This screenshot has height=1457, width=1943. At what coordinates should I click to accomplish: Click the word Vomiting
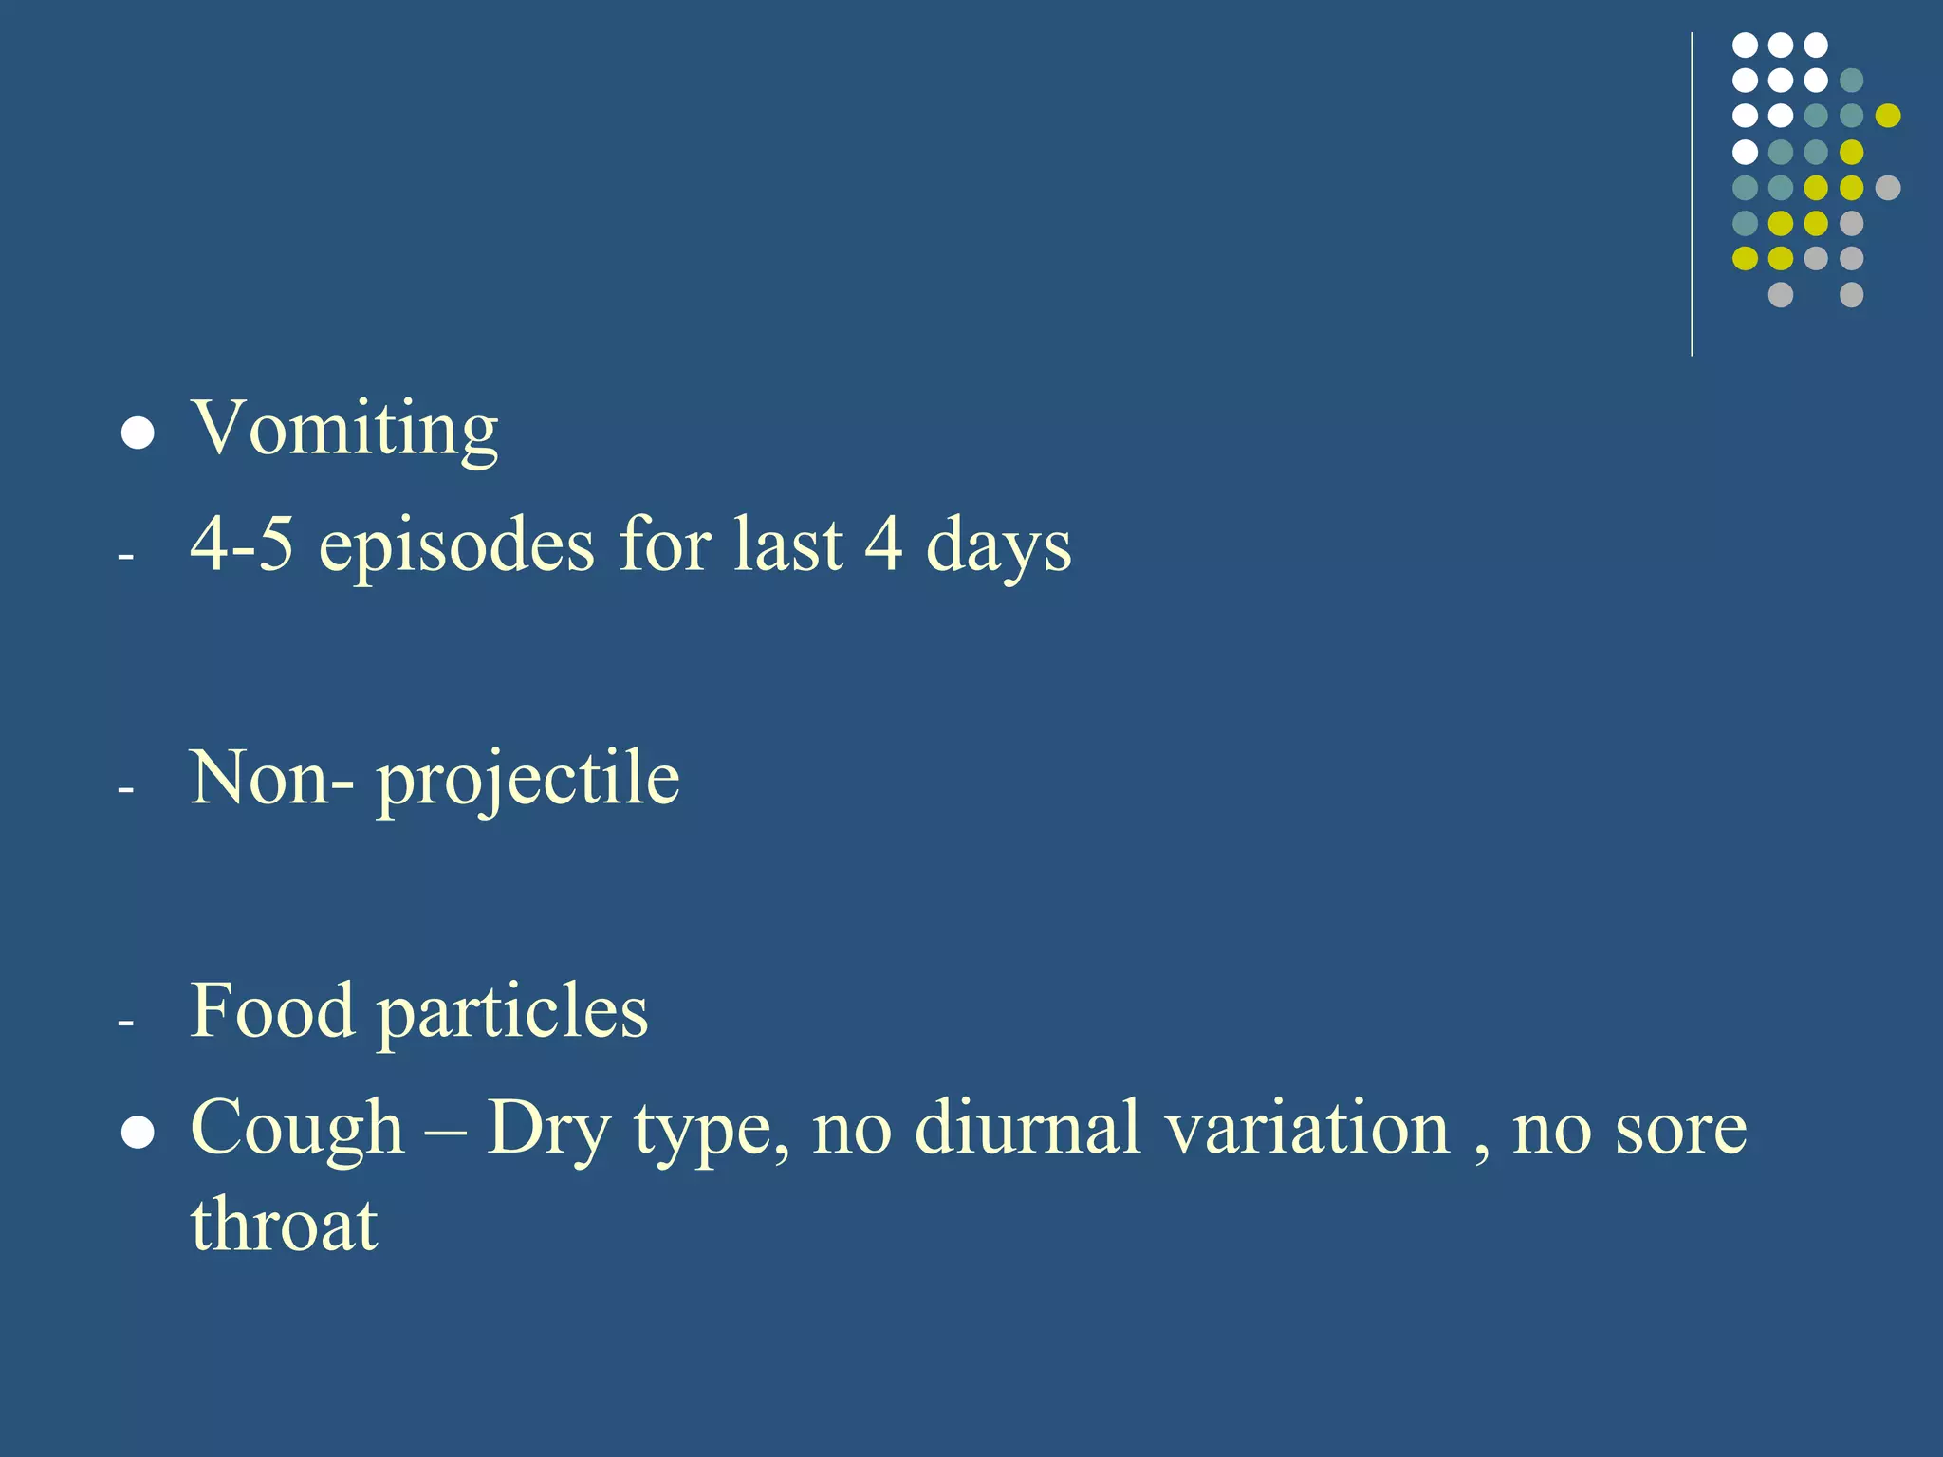point(344,429)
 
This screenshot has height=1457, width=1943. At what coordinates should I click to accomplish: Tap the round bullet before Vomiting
point(139,433)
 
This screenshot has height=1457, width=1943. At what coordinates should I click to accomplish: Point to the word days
point(998,547)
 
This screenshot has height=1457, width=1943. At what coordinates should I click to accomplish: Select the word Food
point(272,1011)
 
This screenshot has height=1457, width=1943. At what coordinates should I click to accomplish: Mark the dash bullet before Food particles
point(125,1023)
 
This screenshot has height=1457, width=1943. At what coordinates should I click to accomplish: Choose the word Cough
point(297,1129)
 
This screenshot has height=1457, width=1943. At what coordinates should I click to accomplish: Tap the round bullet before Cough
point(139,1133)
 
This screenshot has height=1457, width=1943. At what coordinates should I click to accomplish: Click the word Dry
point(548,1129)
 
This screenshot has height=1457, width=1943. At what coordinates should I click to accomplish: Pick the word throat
point(284,1225)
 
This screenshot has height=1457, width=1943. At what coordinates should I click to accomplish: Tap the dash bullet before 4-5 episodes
point(125,556)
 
